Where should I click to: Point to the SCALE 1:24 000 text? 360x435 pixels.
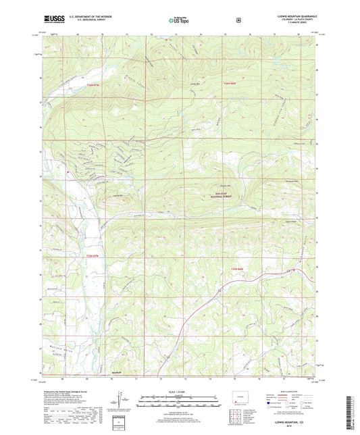[x=180, y=392]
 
